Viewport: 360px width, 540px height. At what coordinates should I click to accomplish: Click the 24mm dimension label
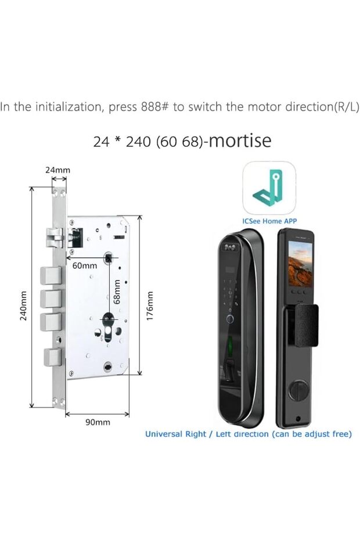57,170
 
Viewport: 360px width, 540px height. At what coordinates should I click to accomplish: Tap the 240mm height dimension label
23,306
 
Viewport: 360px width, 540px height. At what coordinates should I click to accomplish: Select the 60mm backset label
84,265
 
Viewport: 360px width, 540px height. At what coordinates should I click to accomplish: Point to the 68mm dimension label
117,291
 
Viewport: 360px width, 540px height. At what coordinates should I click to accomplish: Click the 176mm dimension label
149,307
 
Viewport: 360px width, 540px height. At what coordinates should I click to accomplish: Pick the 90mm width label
98,422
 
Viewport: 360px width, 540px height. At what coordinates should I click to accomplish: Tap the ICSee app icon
269,188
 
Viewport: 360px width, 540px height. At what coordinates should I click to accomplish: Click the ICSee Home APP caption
269,221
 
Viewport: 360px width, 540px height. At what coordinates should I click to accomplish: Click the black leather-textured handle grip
305,326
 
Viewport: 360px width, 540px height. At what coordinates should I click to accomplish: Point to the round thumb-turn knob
298,390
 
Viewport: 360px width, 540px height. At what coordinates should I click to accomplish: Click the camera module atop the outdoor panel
231,247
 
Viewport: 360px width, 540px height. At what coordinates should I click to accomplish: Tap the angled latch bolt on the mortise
55,237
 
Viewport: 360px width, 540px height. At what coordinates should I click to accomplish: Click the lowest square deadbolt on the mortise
53,357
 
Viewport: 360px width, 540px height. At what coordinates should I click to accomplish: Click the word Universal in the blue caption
163,434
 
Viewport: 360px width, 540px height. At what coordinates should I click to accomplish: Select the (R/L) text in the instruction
346,107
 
